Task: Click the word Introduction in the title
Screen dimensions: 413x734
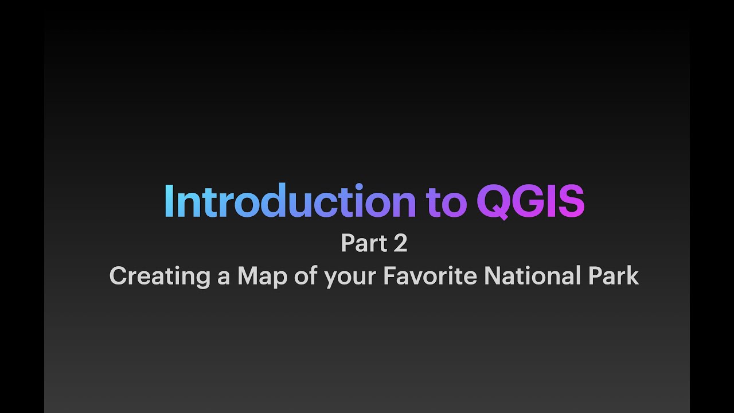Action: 290,201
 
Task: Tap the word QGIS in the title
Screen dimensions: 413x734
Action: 530,201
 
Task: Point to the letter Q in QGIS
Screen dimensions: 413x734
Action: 492,202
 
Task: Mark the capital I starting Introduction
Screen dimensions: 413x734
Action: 168,201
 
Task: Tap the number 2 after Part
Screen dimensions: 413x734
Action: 400,243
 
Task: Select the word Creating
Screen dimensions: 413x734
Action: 159,276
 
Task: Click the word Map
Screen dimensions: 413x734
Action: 261,276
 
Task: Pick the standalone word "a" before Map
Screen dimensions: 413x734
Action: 223,278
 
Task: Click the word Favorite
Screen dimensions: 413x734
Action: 430,276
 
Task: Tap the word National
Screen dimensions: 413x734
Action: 532,276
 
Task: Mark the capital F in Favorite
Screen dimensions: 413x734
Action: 389,276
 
